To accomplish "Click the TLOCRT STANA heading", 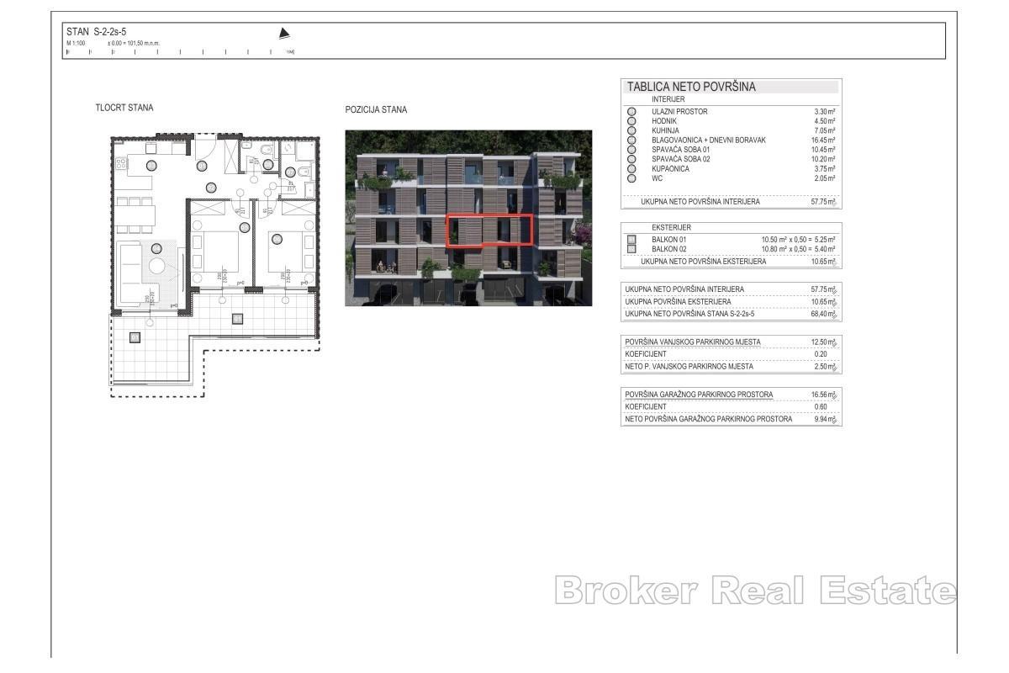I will click(x=124, y=108).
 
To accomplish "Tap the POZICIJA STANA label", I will click(x=376, y=109).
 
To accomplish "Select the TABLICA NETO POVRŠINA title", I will click(x=691, y=87).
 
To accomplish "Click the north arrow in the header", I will click(x=284, y=34).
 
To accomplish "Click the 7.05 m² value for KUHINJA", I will click(x=824, y=130).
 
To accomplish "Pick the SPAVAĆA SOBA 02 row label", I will click(x=681, y=159).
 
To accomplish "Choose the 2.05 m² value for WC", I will click(x=824, y=178).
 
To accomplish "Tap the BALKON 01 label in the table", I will click(x=669, y=240).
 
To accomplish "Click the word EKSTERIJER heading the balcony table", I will click(x=672, y=228).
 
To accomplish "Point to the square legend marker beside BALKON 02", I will click(x=631, y=250).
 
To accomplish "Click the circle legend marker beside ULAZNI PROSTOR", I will click(x=631, y=111).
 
